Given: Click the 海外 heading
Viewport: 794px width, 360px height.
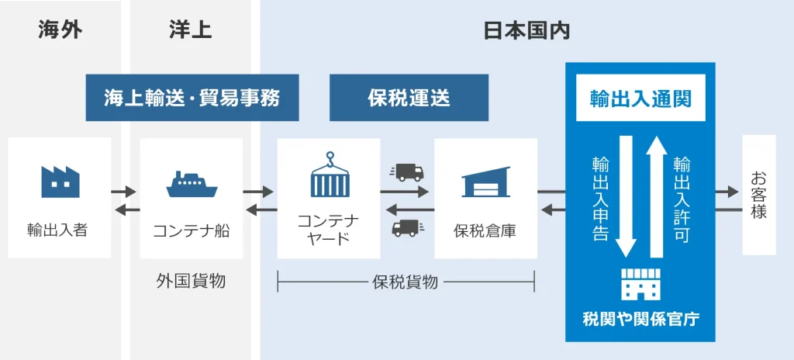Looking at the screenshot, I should [60, 30].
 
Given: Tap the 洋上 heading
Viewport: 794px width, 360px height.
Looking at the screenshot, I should [190, 30].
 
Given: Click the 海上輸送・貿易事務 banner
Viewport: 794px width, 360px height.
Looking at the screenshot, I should [192, 98].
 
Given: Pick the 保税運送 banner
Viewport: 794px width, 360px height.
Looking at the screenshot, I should [409, 98].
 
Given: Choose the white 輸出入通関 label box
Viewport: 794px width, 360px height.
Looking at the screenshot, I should [640, 99].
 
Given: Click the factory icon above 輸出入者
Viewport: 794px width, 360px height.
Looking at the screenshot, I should [60, 180].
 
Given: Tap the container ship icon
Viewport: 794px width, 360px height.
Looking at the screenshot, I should [191, 183].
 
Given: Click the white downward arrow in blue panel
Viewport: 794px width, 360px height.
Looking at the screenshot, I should [625, 197].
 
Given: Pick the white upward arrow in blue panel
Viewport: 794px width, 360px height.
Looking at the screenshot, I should [656, 197].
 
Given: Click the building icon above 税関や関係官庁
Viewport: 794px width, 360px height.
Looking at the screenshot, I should [640, 284].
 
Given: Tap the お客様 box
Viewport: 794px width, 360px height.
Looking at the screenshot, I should [758, 195].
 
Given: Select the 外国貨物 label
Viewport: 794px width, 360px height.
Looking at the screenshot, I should [191, 281].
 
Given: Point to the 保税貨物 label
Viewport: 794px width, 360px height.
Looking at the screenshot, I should [406, 282].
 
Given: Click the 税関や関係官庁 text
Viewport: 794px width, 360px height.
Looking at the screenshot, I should [640, 319].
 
